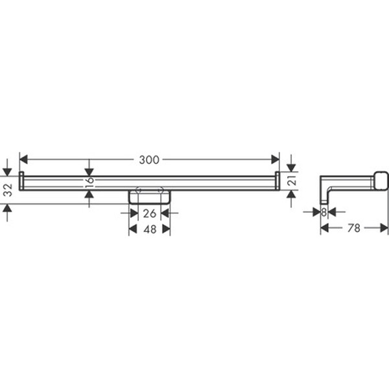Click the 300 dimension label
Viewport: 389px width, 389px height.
click(149, 160)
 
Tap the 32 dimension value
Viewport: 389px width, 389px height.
click(8, 190)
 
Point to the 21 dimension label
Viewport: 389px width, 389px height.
click(293, 180)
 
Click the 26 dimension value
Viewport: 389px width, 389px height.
click(150, 213)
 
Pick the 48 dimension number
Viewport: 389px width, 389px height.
click(150, 230)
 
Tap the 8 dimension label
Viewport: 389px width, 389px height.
click(324, 212)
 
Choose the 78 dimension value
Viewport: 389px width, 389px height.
click(354, 228)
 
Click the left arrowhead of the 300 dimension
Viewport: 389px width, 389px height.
click(23, 159)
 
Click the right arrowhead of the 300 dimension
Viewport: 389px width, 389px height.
click(276, 159)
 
